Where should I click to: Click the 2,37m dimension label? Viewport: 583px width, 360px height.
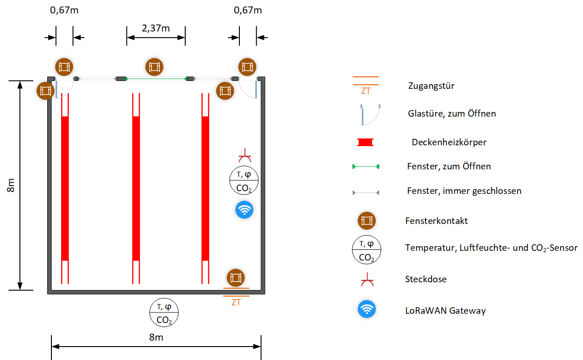pos(156,28)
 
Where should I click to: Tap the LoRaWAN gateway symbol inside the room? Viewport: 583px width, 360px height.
pos(244,210)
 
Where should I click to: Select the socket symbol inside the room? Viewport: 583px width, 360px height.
pos(244,155)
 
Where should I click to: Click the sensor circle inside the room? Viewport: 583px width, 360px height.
pos(244,180)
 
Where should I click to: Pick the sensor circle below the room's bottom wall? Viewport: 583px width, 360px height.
pos(164,312)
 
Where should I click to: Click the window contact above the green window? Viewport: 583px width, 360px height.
pos(154,67)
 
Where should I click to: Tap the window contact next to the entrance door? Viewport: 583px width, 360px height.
pos(236,278)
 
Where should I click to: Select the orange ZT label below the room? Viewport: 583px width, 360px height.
pos(236,303)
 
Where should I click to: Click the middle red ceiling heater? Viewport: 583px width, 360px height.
pos(136,188)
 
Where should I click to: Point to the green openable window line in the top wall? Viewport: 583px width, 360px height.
pos(156,79)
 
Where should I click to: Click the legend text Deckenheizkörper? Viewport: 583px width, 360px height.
pos(449,142)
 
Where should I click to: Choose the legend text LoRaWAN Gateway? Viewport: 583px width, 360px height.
pos(445,310)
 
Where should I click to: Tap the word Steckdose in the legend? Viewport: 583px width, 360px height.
pos(426,279)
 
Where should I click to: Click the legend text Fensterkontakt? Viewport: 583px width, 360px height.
pos(437,221)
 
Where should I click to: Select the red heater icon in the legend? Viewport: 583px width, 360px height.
pos(365,142)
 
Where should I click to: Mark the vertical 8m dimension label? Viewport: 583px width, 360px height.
pos(10,185)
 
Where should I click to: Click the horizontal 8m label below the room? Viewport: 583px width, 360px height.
pos(156,337)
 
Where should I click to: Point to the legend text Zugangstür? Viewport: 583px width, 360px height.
pos(431,86)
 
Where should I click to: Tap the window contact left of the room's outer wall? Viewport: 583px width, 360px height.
pos(45,91)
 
